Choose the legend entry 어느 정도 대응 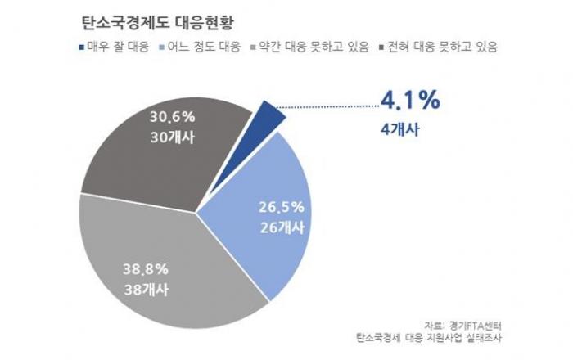tap(203, 47)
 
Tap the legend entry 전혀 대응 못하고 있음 tap(443, 47)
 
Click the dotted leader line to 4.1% tap(327, 104)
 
